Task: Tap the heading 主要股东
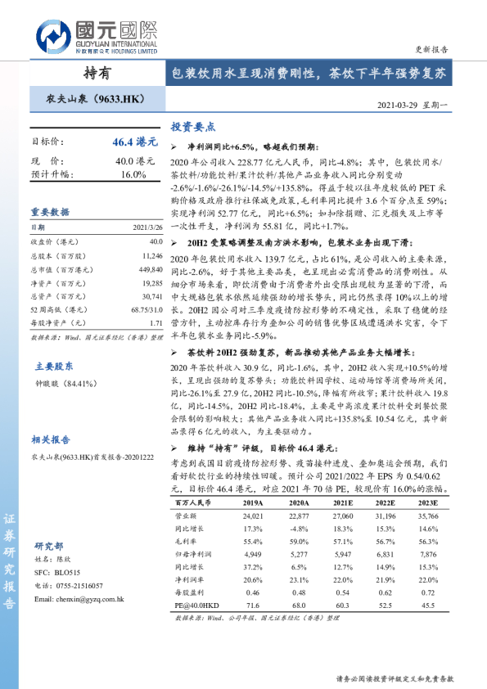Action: (x=54, y=366)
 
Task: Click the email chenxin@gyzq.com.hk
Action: (x=79, y=623)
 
